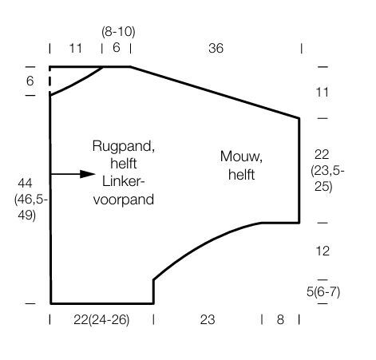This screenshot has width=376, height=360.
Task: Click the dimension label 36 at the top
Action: tap(216, 48)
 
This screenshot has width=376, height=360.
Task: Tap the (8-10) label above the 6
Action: tap(118, 32)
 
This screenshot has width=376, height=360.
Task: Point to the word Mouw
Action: tap(241, 156)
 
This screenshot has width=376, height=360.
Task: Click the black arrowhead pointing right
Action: tap(88, 174)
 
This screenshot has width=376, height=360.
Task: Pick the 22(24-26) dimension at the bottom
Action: tap(101, 320)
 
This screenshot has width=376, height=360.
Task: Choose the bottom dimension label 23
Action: tap(208, 319)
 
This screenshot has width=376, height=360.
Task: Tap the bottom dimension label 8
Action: tap(280, 319)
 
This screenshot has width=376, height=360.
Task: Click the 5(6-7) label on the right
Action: tap(323, 292)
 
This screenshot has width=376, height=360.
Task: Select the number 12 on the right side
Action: tap(323, 251)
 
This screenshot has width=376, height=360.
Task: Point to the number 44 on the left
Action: tap(25, 183)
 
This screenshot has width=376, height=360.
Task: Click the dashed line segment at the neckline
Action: tap(49, 77)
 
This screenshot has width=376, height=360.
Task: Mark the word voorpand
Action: tap(124, 200)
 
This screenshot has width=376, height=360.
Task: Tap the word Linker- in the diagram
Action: tap(123, 182)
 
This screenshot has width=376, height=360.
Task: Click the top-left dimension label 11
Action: tap(76, 49)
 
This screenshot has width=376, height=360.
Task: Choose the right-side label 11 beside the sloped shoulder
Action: tap(323, 93)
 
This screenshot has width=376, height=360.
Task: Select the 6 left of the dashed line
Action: tap(30, 81)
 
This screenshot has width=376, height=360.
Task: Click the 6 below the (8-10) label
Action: tap(117, 48)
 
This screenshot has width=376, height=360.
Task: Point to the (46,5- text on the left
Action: tap(31, 200)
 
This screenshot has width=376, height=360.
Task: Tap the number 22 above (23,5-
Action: tap(322, 155)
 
